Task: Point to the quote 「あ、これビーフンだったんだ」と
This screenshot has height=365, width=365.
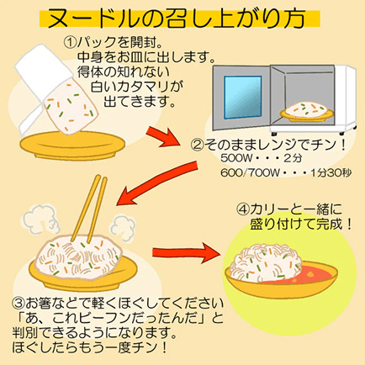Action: click(118, 320)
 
